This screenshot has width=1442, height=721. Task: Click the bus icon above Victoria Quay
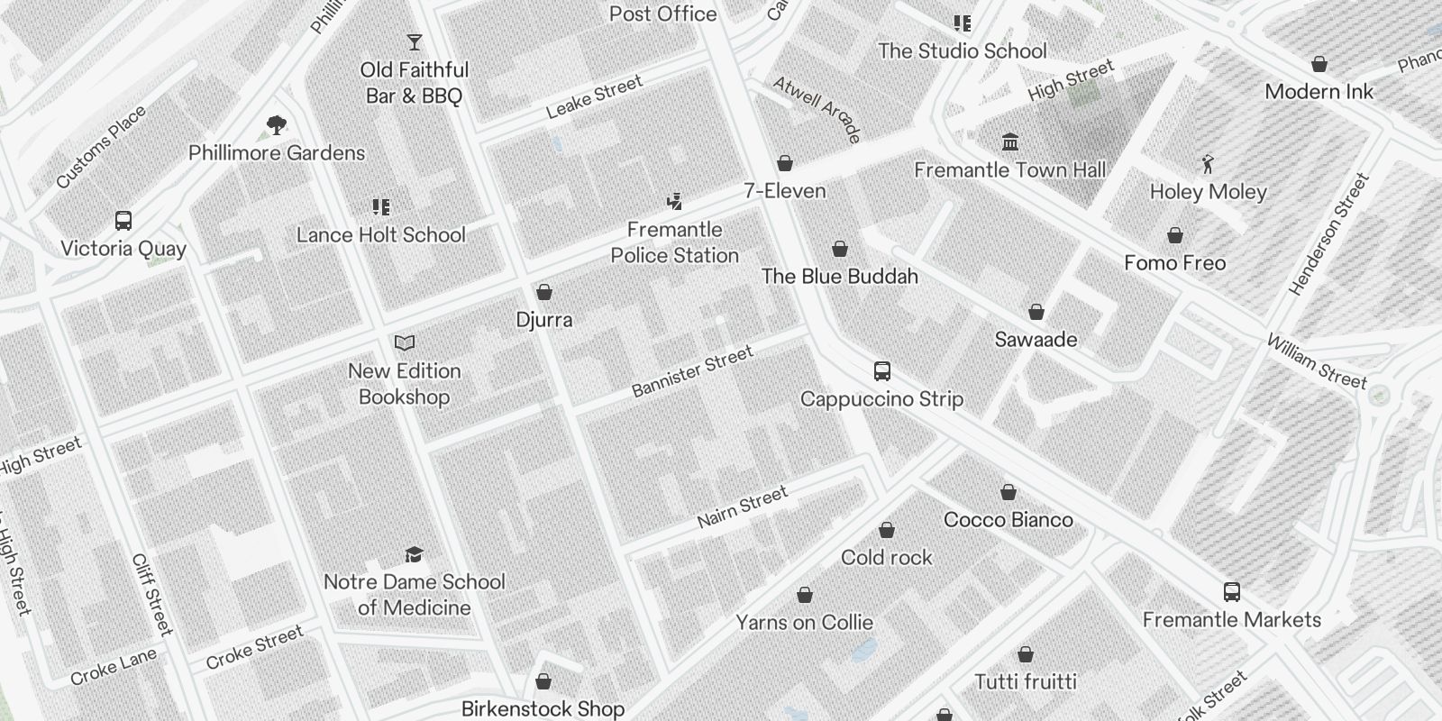tap(123, 221)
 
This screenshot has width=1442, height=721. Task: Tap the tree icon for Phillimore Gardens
tap(277, 125)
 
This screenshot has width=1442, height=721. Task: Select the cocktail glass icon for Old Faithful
tap(414, 42)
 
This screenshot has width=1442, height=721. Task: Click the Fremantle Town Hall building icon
tap(1010, 142)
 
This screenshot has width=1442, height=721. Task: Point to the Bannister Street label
tap(692, 371)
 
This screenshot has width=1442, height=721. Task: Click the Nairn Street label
tap(743, 507)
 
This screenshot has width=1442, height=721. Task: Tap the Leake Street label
tap(595, 96)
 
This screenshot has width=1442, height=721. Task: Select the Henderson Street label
tap(1328, 234)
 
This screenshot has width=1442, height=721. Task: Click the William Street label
tap(1317, 360)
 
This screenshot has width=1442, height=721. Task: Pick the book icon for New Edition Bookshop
tap(405, 343)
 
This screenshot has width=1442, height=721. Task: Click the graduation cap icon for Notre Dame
tap(414, 554)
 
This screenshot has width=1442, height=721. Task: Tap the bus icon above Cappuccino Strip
tap(882, 371)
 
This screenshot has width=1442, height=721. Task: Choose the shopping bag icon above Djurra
tap(544, 292)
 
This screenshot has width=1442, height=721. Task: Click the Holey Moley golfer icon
tap(1208, 164)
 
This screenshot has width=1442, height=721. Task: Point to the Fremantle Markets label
tap(1232, 619)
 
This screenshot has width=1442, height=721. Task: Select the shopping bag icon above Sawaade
tap(1036, 312)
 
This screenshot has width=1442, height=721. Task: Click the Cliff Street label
tap(151, 594)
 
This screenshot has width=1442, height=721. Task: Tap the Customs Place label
tap(101, 148)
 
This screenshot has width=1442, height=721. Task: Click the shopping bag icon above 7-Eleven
tap(785, 163)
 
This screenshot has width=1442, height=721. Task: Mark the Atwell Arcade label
tap(817, 108)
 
